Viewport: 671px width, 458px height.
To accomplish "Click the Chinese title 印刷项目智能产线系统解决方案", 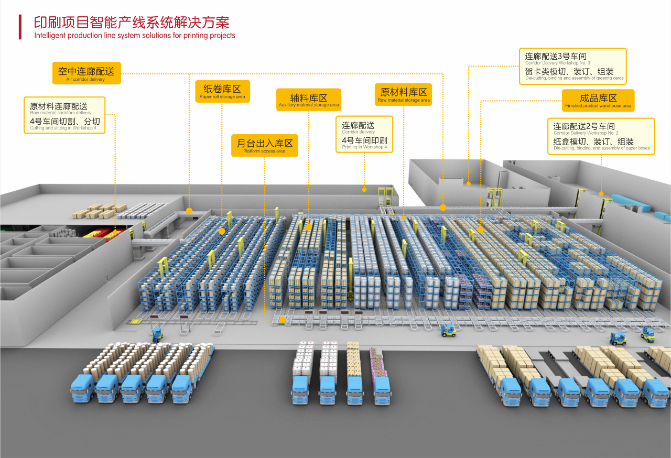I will [132, 22].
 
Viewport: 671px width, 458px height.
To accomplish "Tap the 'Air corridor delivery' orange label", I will [86, 73].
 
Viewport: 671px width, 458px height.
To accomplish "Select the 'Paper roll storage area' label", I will [222, 91].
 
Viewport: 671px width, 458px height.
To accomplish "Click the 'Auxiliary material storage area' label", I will [308, 100].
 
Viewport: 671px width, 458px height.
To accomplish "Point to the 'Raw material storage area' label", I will [403, 94].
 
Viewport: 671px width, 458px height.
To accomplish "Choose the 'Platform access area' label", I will [264, 145].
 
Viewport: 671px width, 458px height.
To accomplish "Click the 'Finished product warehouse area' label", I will [598, 100].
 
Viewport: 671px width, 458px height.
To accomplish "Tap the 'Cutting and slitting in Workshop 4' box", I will [64, 115].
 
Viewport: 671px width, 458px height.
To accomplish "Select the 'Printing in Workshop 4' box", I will [364, 134].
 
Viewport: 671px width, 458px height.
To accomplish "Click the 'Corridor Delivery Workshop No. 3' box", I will [574, 66].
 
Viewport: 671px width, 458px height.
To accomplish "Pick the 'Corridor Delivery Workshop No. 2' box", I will [601, 136].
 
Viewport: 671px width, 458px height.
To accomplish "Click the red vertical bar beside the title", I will [20, 27].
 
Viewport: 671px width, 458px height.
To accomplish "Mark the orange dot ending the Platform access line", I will [283, 319].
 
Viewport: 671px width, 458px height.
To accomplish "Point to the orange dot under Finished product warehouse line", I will [481, 230].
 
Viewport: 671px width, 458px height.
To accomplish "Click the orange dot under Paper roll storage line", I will [222, 231].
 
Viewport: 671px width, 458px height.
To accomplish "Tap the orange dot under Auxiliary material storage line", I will [309, 227].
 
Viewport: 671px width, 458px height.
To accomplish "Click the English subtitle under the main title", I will [135, 36].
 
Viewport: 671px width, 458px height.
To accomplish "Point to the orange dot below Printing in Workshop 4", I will [364, 189].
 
